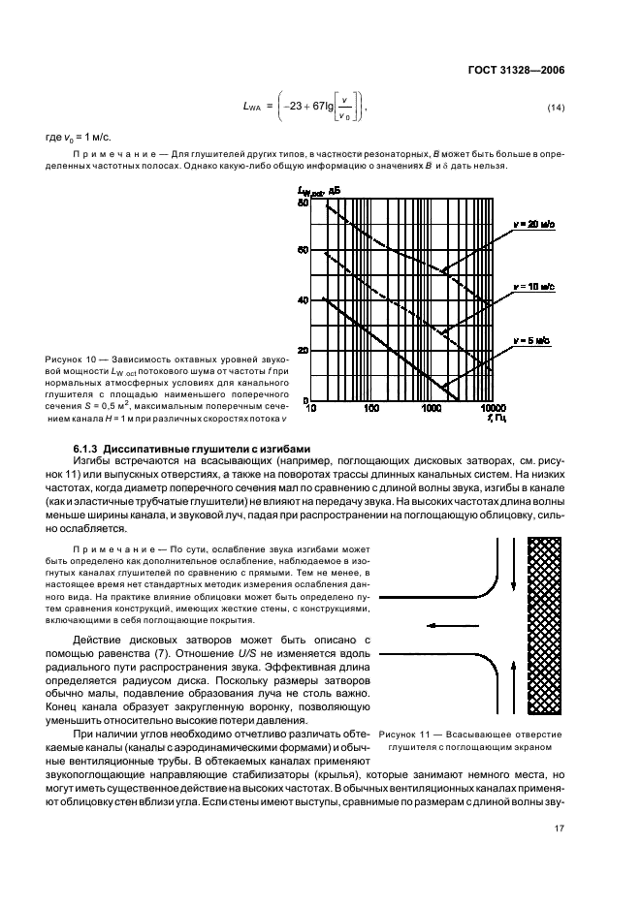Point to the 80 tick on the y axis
coord(303,203)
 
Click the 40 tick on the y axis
coord(303,301)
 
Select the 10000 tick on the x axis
coord(494,409)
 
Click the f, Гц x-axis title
coord(496,421)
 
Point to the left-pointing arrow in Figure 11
coord(429,626)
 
